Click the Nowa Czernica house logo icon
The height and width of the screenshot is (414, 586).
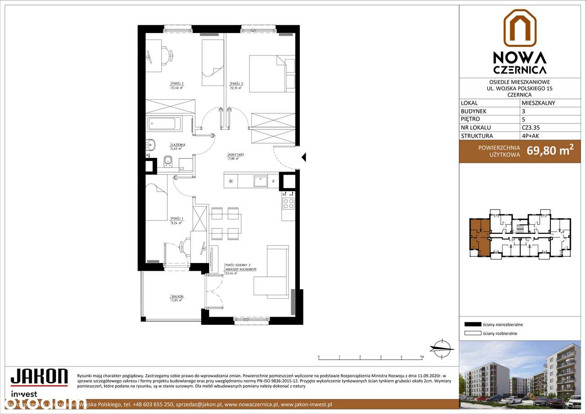pos(520,28)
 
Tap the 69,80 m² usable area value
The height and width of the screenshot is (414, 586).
pos(550,150)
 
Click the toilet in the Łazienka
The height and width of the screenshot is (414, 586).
pos(168,161)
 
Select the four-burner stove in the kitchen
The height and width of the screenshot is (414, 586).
pos(288,203)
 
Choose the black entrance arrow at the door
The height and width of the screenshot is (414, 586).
pos(303,158)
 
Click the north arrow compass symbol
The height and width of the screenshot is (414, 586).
pos(442,347)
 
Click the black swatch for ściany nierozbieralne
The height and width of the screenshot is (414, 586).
pos(472,324)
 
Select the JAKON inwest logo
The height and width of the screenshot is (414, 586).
pos(39,382)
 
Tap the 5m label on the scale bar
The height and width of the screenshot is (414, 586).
pos(422,356)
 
